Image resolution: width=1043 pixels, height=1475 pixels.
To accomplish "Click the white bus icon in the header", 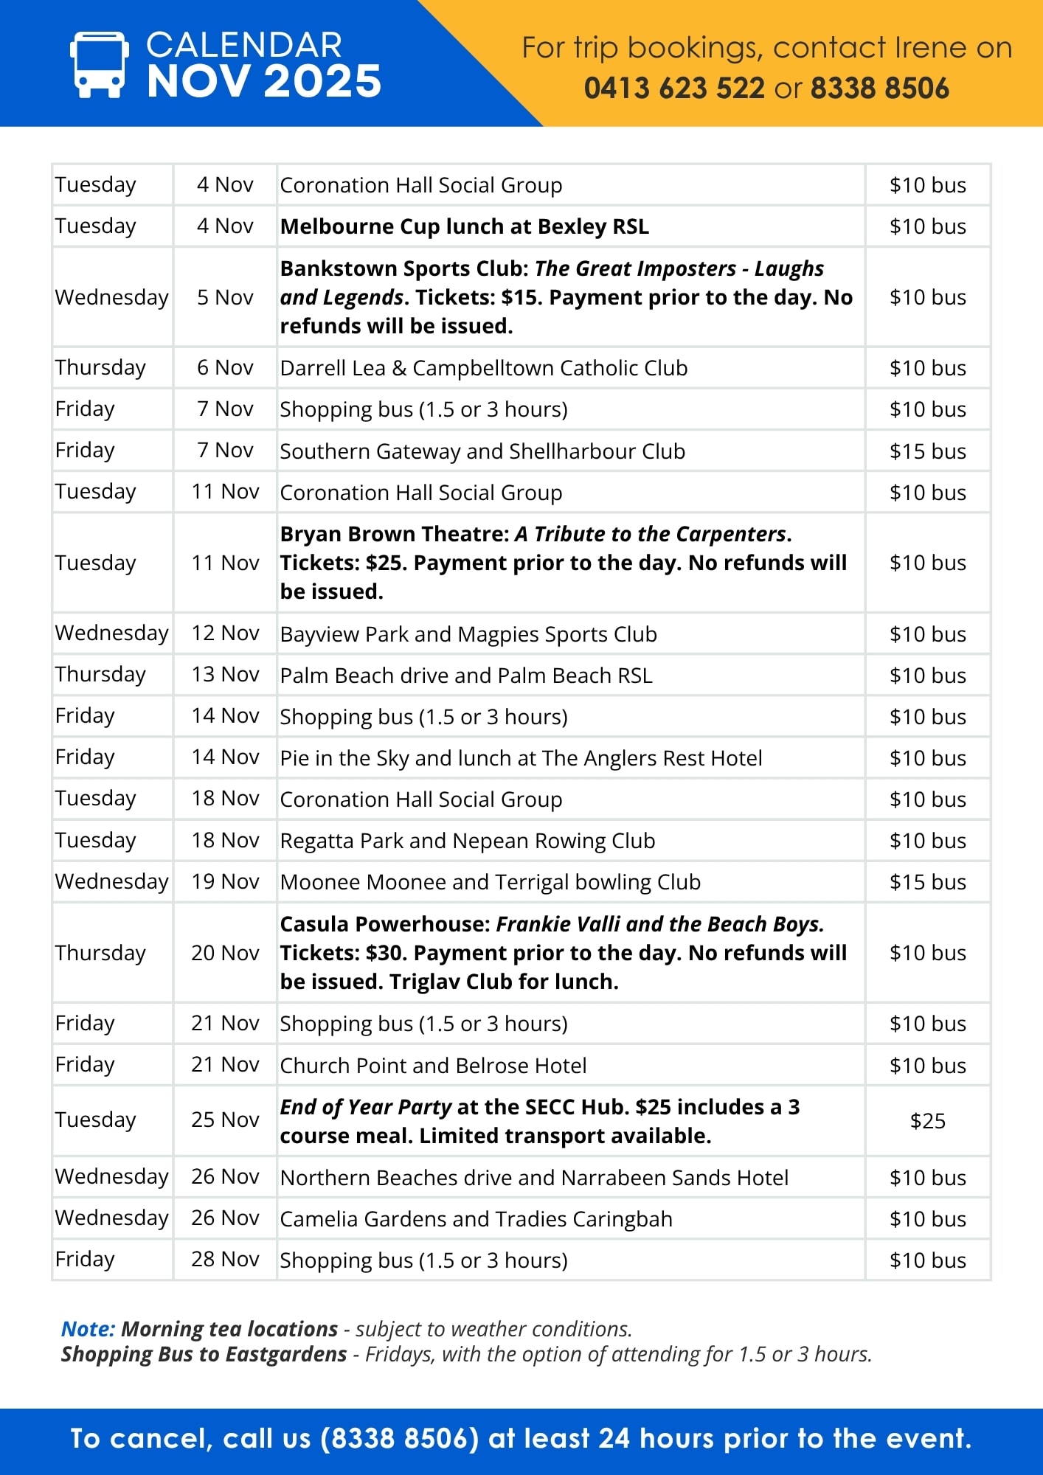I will click(99, 64).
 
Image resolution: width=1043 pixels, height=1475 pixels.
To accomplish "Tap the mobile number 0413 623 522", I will click(674, 88).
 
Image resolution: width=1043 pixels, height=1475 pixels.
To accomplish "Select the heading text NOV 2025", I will click(263, 81).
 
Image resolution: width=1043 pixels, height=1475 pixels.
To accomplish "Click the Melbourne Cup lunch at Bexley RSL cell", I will click(464, 226).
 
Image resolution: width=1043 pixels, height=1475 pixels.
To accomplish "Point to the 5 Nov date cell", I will click(225, 297).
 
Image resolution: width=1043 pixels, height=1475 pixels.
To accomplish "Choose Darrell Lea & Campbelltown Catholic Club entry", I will click(483, 368).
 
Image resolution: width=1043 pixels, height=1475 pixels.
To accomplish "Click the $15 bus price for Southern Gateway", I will click(927, 451).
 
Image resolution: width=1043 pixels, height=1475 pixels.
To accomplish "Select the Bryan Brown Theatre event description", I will click(564, 563).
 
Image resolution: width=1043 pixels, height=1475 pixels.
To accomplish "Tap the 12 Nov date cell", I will click(225, 634).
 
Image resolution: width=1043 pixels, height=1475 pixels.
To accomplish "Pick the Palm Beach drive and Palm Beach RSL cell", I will click(466, 676).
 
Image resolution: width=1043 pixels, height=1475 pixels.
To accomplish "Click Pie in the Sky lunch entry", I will click(521, 758).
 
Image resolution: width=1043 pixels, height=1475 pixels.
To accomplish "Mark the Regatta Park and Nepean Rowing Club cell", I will click(467, 841).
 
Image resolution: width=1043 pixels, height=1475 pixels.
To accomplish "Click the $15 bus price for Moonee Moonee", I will click(927, 882).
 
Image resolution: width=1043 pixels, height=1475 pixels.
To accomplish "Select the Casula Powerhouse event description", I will click(564, 953).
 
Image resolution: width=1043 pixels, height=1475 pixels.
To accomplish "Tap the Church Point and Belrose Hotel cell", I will click(433, 1066).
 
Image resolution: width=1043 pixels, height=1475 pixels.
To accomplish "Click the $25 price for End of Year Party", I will click(927, 1121).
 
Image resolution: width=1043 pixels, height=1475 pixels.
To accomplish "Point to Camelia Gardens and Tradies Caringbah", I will click(476, 1219).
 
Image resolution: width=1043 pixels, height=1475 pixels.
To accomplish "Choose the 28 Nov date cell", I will click(225, 1260).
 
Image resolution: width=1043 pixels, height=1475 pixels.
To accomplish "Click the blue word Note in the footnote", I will click(88, 1329).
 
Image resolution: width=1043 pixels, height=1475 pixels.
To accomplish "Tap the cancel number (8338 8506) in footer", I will click(400, 1439).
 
